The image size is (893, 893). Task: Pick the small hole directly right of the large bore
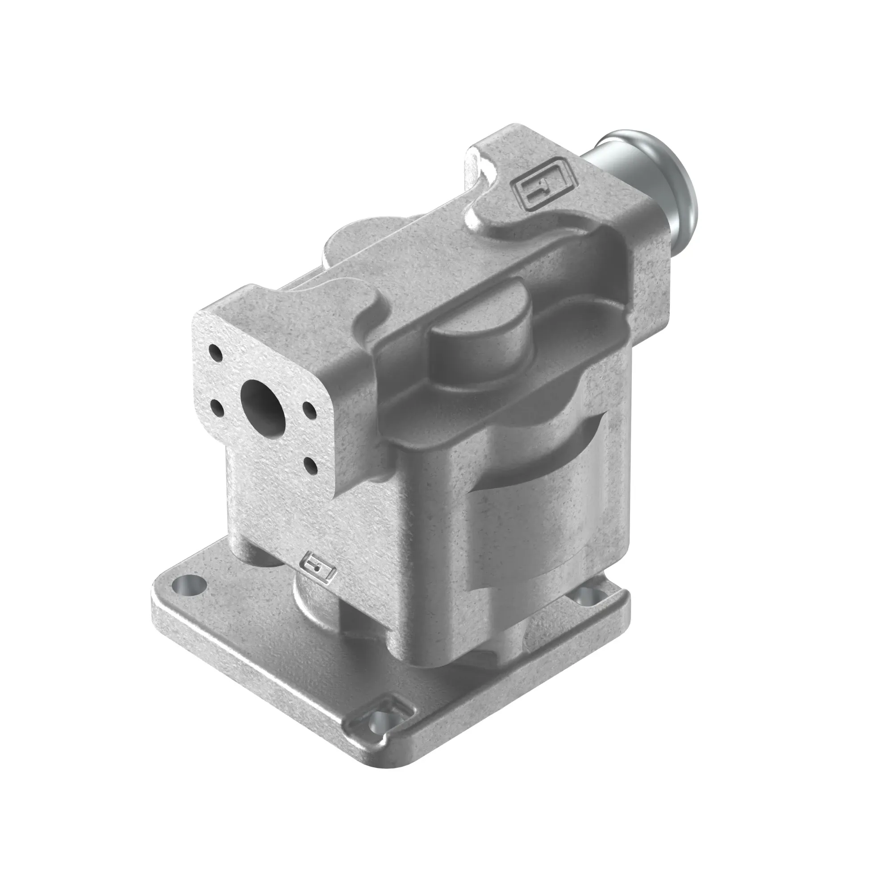pos(308,409)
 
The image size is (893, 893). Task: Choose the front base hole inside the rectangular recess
pos(380,729)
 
